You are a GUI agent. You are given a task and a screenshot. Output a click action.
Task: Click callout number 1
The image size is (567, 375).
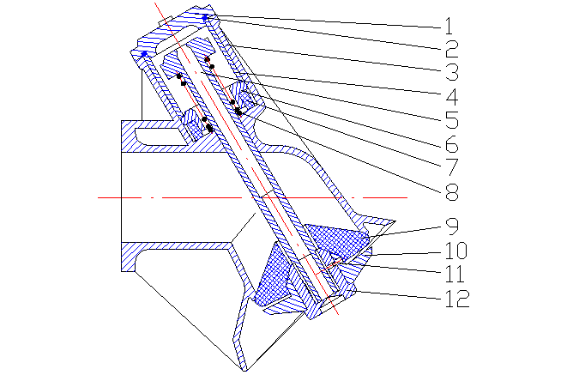tap(449, 25)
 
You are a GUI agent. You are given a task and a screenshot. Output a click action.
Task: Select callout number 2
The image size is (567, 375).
tap(452, 49)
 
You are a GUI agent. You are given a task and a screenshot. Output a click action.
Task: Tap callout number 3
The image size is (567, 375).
tap(452, 72)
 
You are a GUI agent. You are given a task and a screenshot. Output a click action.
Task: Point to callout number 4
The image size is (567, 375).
tap(452, 96)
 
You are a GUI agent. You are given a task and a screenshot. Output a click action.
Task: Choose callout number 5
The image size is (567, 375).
tap(452, 119)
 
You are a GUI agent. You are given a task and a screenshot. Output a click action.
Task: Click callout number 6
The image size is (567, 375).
tap(452, 144)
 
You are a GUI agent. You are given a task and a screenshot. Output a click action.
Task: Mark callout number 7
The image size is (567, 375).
tap(452, 167)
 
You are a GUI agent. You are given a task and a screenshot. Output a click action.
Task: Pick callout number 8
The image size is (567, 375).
tap(452, 191)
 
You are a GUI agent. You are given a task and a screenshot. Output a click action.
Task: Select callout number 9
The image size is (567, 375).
tap(452, 227)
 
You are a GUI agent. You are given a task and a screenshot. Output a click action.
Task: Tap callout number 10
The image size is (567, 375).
tap(456, 251)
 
